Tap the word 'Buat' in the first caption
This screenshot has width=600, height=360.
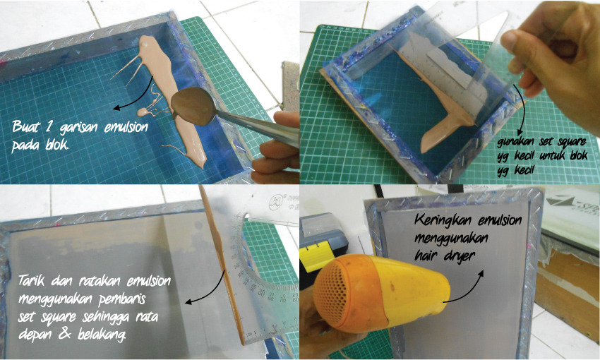pos(25,126)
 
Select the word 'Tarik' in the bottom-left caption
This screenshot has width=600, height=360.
pos(32,281)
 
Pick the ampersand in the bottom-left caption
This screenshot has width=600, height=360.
pos(64,334)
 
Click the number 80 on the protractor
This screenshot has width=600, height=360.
pos(260,293)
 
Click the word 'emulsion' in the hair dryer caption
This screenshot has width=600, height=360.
pos(500,221)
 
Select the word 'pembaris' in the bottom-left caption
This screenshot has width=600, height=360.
pos(122,299)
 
